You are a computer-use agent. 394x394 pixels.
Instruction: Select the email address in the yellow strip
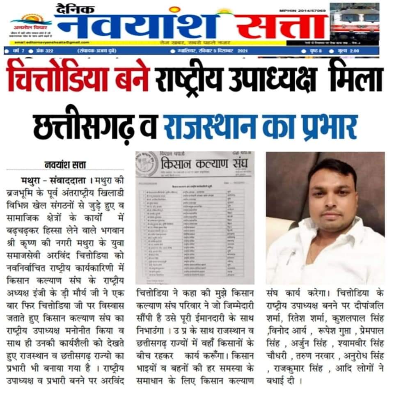[x=52, y=42]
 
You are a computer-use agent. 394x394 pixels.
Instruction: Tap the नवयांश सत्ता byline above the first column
[x=65, y=165]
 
